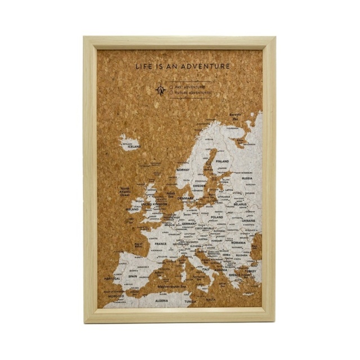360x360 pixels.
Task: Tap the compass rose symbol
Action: [161, 89]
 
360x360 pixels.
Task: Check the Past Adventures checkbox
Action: [172, 87]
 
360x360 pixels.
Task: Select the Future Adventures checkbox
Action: [172, 92]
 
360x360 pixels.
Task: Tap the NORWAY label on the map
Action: [183, 169]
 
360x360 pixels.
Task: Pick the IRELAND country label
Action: [133, 209]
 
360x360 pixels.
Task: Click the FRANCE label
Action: [161, 244]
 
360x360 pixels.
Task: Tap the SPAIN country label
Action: [133, 276]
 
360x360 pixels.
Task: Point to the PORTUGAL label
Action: [112, 278]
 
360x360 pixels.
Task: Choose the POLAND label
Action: [217, 217]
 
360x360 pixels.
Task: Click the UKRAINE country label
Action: [248, 220]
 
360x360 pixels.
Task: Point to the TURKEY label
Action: [250, 271]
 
